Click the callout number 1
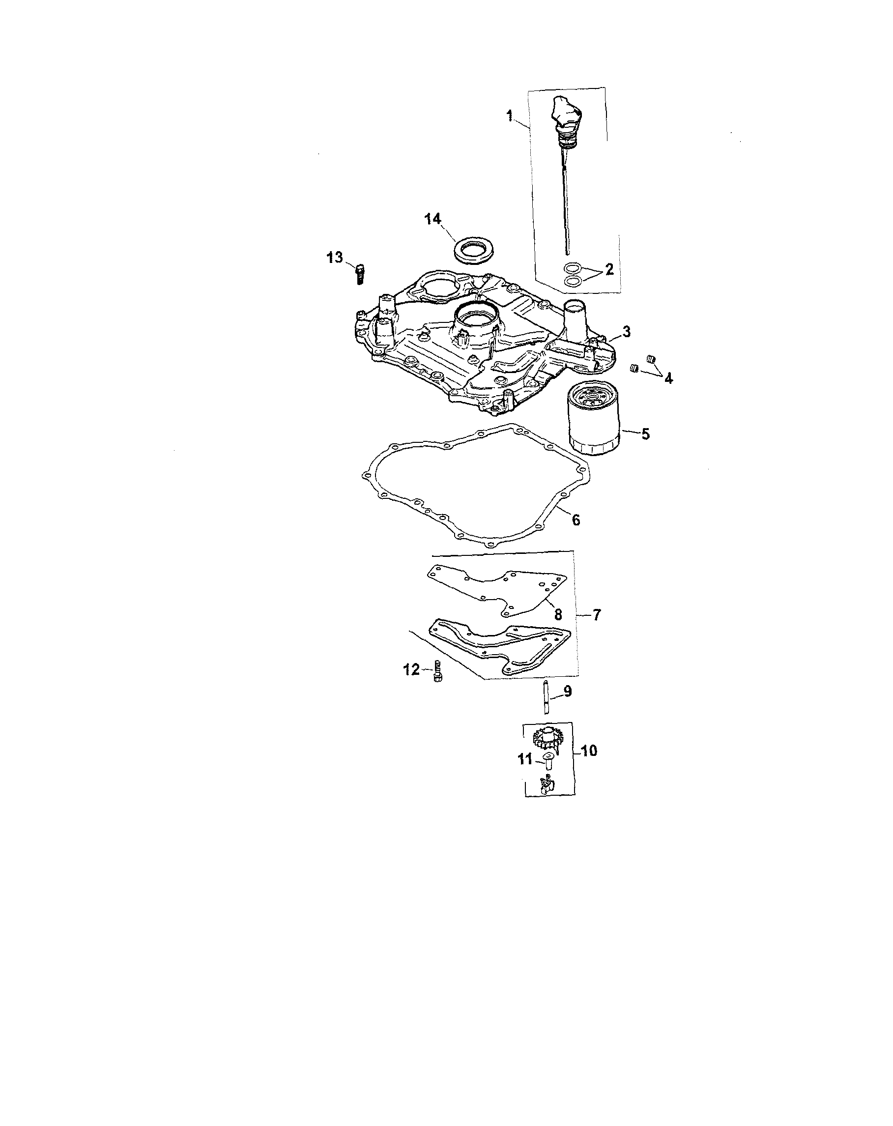(x=510, y=116)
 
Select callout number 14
(x=433, y=219)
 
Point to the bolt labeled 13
(x=359, y=273)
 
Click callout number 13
(x=335, y=257)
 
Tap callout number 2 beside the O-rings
(x=609, y=269)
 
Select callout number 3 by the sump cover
(x=627, y=331)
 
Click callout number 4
(x=668, y=378)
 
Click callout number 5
(x=645, y=433)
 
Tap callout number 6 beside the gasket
(x=576, y=520)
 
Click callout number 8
(x=558, y=615)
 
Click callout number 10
(x=589, y=751)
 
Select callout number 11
(x=525, y=759)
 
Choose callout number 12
(x=411, y=669)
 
